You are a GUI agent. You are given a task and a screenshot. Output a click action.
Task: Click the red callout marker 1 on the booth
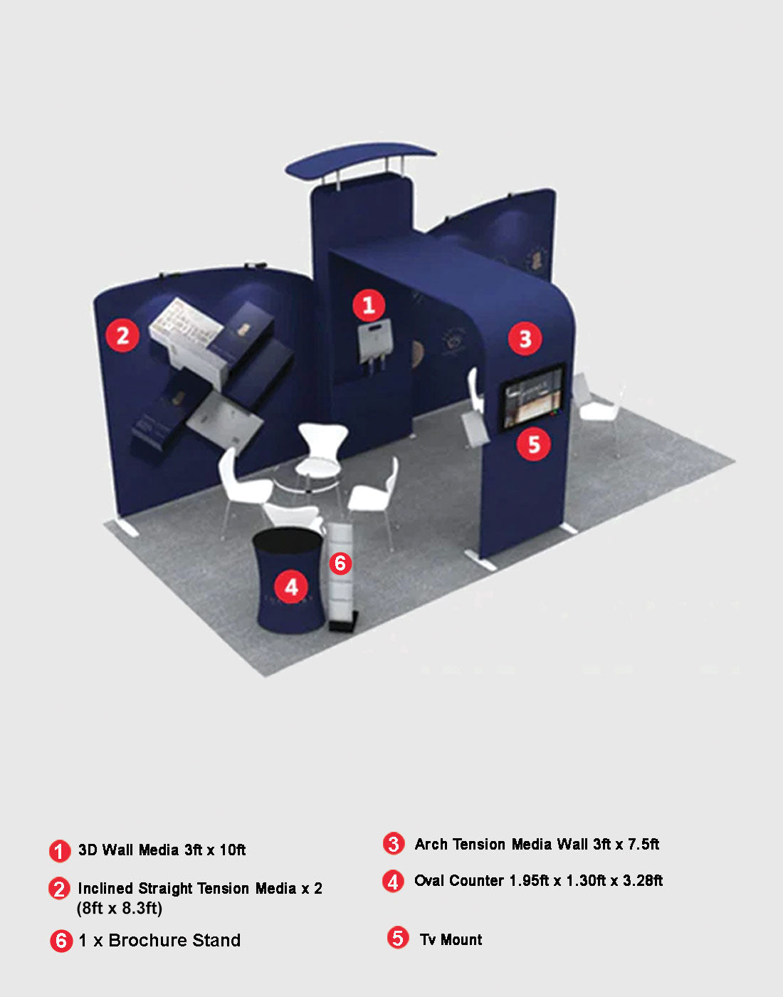click(369, 305)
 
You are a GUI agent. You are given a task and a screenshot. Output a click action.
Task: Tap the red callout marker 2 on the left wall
click(122, 335)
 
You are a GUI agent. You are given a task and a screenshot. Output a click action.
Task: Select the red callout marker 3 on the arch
click(525, 338)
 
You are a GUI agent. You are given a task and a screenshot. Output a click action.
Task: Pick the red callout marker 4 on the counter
click(291, 587)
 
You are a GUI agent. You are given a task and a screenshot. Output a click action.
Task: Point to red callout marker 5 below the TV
click(534, 444)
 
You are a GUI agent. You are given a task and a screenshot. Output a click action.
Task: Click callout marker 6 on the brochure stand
click(340, 563)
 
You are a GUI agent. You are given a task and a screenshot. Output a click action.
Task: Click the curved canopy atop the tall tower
click(360, 158)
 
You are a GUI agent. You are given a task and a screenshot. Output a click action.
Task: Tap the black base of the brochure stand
click(343, 625)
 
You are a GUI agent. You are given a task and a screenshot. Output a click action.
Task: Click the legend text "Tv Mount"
click(451, 939)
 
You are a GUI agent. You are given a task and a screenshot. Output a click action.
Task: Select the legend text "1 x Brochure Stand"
click(159, 941)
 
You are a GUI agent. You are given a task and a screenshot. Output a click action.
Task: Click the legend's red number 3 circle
click(394, 844)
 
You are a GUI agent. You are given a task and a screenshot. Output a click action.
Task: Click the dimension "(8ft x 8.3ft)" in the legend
click(120, 908)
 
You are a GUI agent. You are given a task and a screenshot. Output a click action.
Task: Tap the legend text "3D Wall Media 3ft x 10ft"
click(162, 850)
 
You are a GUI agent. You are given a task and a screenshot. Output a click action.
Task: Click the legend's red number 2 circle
click(59, 889)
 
